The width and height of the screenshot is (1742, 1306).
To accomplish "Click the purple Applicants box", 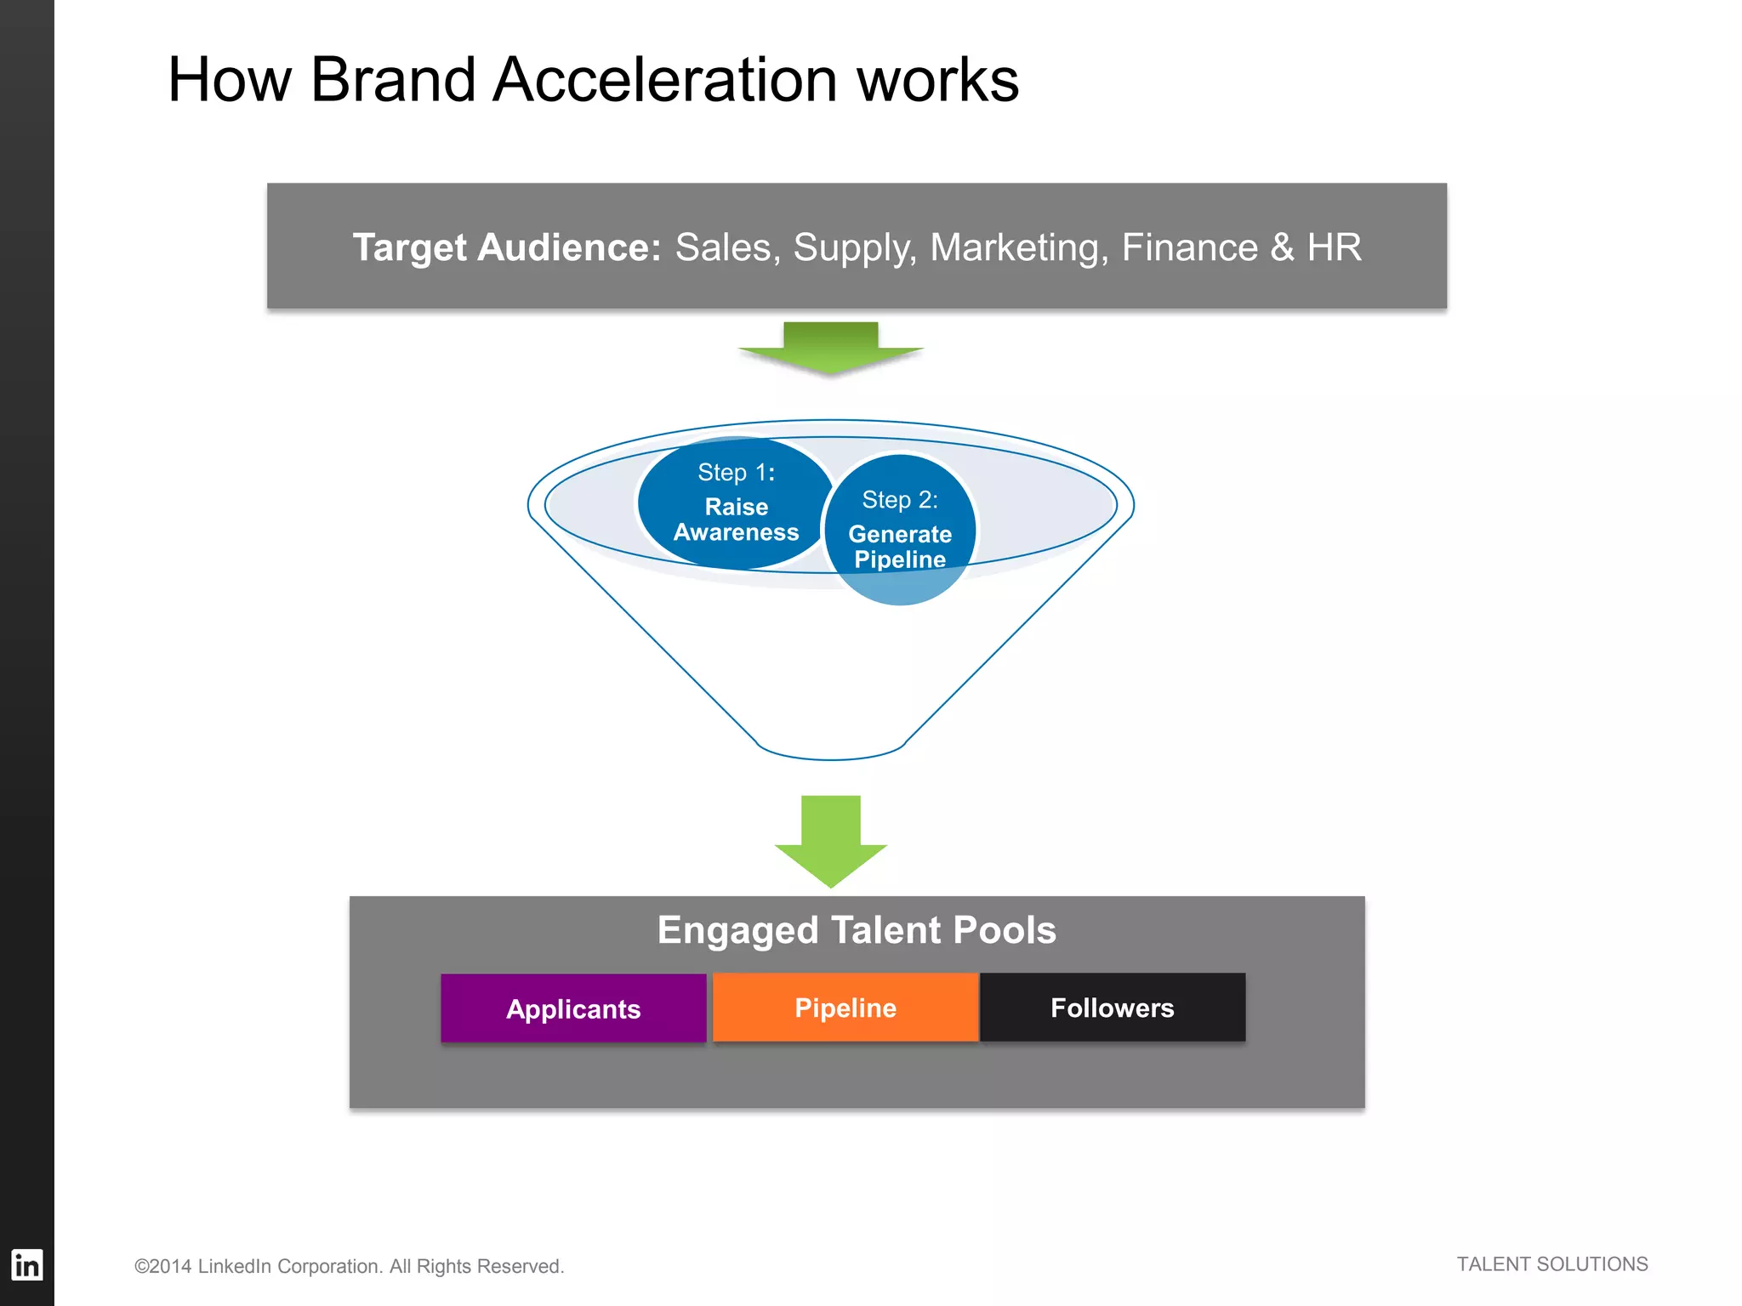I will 573,1008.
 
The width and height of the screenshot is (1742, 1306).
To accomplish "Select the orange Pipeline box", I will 845,1008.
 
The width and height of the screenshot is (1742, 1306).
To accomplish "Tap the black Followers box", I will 1113,1008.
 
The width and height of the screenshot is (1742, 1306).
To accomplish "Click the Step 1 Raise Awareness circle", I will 736,503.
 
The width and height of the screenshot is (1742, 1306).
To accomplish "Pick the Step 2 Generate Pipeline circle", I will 900,529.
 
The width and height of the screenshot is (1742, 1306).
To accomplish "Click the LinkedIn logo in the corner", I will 26,1265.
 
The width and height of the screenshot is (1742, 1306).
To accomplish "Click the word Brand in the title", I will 392,80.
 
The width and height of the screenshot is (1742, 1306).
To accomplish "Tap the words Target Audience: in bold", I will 507,247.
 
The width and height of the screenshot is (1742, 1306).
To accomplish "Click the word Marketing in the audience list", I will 1019,247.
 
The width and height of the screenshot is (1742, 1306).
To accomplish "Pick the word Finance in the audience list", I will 1189,247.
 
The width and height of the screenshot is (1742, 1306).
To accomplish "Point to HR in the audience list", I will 1334,247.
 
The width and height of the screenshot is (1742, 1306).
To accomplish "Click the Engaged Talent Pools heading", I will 857,930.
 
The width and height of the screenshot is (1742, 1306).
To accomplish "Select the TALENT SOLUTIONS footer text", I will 1551,1264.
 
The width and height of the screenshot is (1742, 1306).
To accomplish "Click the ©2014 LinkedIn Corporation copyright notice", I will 349,1266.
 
